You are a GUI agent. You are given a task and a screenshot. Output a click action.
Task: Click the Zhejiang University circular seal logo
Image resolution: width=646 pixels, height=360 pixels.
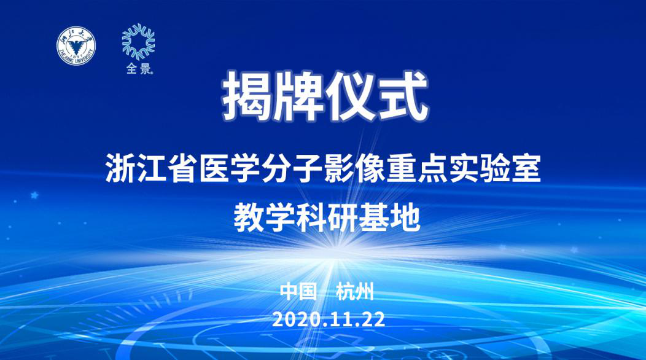pos(77,46)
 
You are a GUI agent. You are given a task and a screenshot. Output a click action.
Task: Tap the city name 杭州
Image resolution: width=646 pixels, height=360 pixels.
pos(355,291)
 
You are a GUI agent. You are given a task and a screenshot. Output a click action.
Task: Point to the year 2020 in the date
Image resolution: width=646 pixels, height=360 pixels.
pos(294,319)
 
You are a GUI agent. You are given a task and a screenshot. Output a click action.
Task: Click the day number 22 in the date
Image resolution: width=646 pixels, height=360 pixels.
pos(373,319)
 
